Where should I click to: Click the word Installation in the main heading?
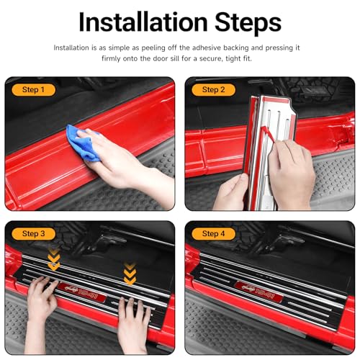point(143,22)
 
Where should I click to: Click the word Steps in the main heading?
point(248,22)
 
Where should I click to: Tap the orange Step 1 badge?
point(33,90)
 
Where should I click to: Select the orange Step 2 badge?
point(213,90)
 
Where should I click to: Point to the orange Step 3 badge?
point(33,234)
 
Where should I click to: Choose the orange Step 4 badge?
point(213,234)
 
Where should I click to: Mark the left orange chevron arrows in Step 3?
point(54,261)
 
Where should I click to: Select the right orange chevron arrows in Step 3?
point(130,274)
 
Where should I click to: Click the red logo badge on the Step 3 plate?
point(82,293)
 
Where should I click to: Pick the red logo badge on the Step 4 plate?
point(259,292)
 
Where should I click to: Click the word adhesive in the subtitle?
point(207,48)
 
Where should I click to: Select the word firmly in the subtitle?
point(111,58)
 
